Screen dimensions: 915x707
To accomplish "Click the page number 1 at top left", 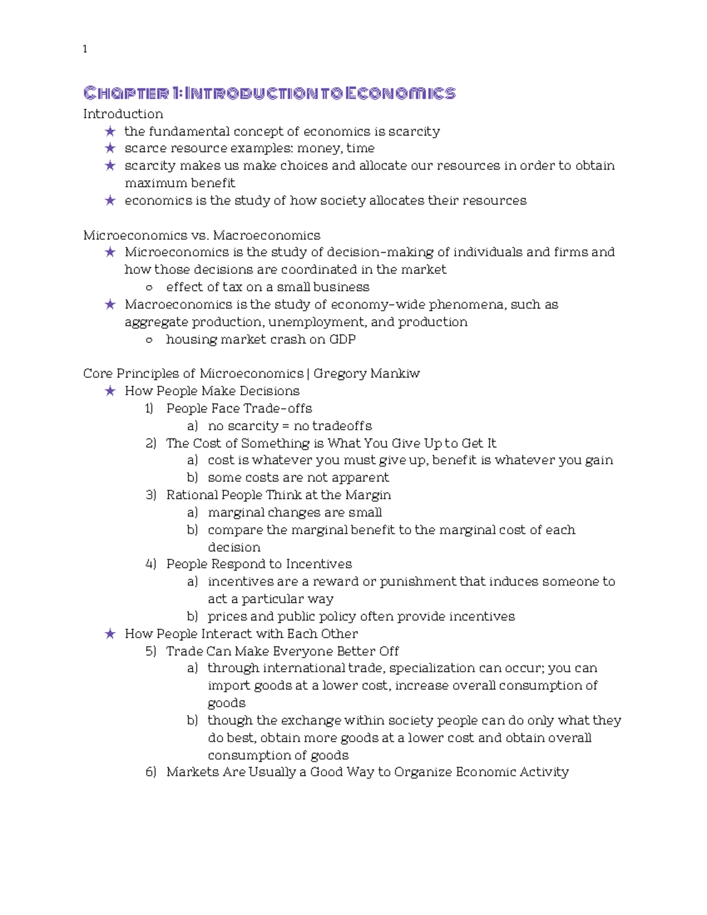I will coord(85,49).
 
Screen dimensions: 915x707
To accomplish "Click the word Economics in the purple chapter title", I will coord(400,93).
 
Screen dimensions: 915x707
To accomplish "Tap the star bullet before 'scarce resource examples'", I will coord(110,148).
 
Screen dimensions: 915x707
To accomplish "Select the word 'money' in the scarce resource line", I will coord(318,148).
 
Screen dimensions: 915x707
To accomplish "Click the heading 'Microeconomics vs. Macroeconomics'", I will coord(201,236).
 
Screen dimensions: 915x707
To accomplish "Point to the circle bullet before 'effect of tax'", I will coord(149,288).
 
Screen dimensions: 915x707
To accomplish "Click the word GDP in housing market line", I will coord(342,339).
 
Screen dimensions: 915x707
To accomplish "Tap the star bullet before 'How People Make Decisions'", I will coord(110,391).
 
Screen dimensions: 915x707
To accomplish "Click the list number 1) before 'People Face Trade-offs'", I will coord(149,409).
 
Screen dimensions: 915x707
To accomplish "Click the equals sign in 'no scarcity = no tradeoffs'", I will coord(286,426).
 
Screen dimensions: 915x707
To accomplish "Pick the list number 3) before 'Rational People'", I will coord(150,495).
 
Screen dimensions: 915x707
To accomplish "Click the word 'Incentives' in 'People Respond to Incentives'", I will coord(319,564).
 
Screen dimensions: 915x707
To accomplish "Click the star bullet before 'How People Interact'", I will coord(110,634).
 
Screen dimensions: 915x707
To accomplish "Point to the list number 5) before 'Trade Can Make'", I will coord(150,651).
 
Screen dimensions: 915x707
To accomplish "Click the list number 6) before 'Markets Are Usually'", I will coord(150,772).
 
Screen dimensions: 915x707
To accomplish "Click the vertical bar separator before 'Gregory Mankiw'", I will coord(309,374).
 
